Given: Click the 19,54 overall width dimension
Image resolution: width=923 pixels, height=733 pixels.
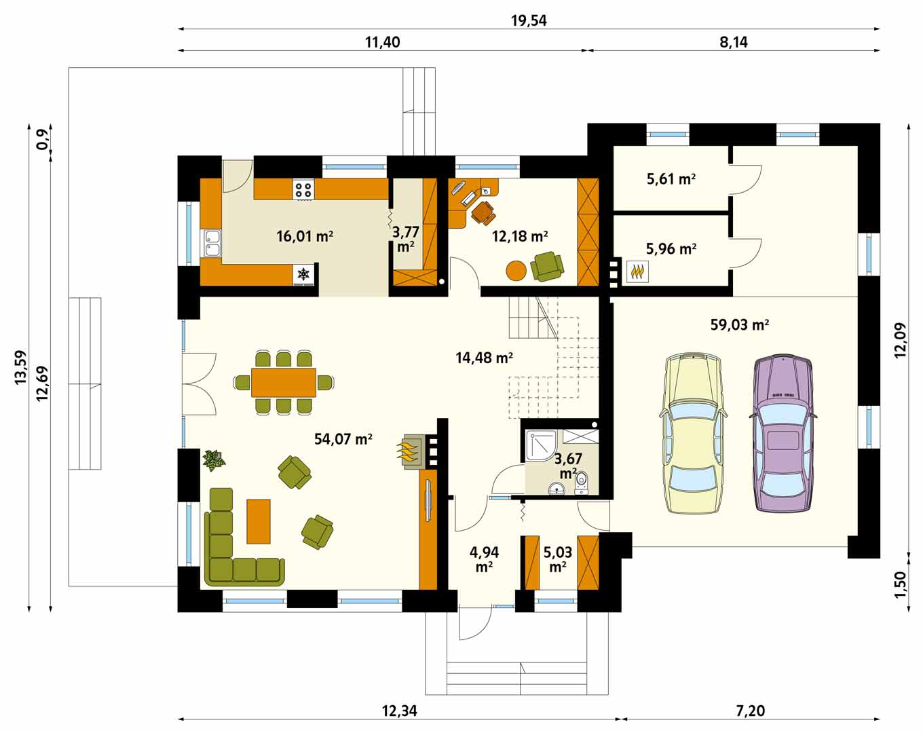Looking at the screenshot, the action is pyautogui.click(x=529, y=20).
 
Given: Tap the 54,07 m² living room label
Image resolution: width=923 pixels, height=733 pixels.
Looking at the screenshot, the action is pyautogui.click(x=343, y=439).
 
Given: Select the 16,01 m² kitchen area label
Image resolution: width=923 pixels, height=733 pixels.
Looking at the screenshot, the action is pyautogui.click(x=305, y=236).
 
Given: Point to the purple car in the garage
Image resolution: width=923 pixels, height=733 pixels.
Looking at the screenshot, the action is pyautogui.click(x=783, y=433).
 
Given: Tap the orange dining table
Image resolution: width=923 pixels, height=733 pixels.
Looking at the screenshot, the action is pyautogui.click(x=284, y=382).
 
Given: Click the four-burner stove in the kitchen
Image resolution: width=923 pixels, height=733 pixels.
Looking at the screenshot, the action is pyautogui.click(x=303, y=189).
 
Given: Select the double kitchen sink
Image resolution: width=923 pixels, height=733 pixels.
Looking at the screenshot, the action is pyautogui.click(x=212, y=243).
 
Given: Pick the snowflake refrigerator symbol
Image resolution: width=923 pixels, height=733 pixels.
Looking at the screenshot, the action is pyautogui.click(x=303, y=274).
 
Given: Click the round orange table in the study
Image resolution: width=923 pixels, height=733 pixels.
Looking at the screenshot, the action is pyautogui.click(x=516, y=271).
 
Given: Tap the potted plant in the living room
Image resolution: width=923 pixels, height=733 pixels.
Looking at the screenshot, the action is pyautogui.click(x=214, y=460).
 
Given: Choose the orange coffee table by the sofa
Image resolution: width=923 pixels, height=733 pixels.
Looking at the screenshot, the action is pyautogui.click(x=259, y=521).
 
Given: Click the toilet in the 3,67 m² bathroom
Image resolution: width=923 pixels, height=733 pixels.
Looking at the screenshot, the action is pyautogui.click(x=581, y=483).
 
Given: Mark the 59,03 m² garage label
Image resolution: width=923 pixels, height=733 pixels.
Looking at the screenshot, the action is pyautogui.click(x=740, y=324).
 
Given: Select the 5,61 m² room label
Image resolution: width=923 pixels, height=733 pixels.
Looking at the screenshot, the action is pyautogui.click(x=671, y=179).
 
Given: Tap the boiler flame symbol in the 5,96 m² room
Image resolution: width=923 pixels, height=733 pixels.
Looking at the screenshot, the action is pyautogui.click(x=637, y=271).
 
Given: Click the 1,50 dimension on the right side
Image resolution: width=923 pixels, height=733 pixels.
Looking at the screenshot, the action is pyautogui.click(x=901, y=584).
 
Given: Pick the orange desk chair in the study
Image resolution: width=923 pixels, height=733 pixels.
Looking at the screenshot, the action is pyautogui.click(x=484, y=213).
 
